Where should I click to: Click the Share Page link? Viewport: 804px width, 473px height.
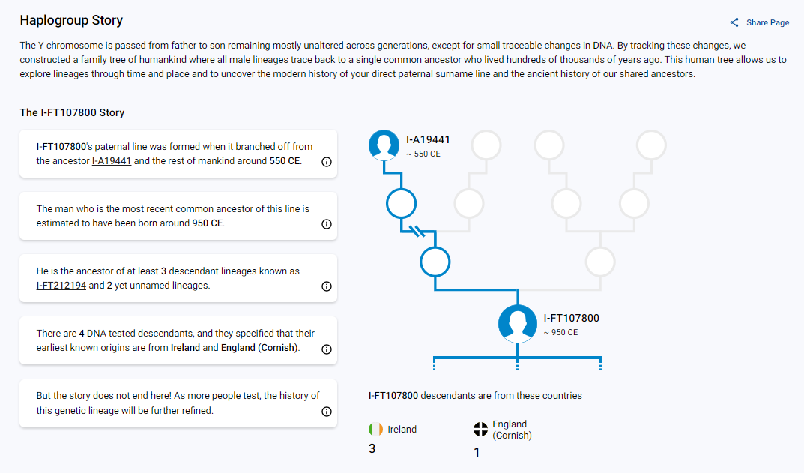(x=759, y=22)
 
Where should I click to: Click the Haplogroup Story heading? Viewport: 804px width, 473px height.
(x=71, y=20)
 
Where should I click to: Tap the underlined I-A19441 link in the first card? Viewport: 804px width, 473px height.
(x=111, y=161)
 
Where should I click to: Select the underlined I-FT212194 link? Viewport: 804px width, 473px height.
(x=61, y=286)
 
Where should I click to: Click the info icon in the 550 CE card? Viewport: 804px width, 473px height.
(x=327, y=162)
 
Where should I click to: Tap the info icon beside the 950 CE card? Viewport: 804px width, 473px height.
(x=327, y=224)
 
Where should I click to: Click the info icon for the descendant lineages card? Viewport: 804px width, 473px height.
(x=327, y=286)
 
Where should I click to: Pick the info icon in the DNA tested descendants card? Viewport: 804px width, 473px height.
(x=327, y=349)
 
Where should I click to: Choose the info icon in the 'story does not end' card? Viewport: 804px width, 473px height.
(x=327, y=412)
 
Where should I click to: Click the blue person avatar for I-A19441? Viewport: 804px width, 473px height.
(x=384, y=145)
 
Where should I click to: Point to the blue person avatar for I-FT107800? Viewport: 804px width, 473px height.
(x=517, y=324)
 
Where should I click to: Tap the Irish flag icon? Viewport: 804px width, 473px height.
(x=376, y=429)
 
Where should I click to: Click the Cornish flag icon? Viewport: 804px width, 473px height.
(x=480, y=429)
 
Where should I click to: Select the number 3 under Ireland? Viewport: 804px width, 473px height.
(x=372, y=449)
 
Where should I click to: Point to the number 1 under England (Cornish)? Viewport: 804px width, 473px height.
(x=477, y=453)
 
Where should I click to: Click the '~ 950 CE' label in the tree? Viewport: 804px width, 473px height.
(x=561, y=332)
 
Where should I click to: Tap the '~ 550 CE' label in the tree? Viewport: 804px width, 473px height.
(x=423, y=154)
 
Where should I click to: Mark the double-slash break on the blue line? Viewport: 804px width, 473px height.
(x=418, y=232)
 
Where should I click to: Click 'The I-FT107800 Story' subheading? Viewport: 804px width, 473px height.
(x=72, y=113)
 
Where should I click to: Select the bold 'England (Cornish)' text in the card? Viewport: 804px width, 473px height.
(x=259, y=347)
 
